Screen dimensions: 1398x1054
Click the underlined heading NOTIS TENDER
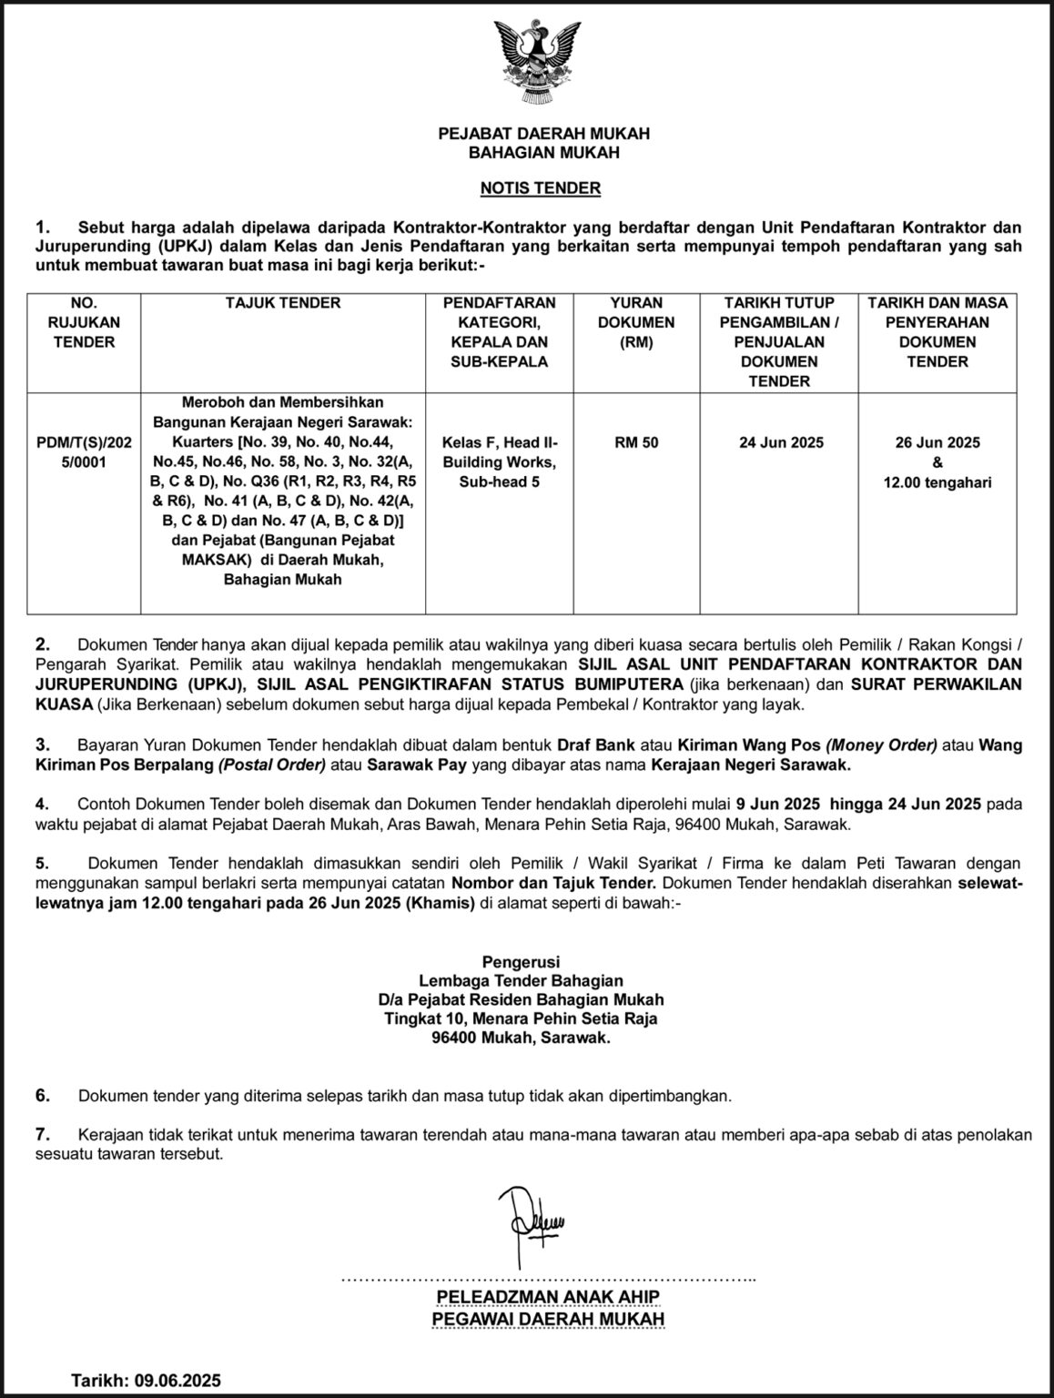point(541,189)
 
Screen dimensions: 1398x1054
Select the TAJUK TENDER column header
point(283,303)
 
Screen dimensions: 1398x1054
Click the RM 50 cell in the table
point(636,442)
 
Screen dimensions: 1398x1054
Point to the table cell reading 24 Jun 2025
point(780,442)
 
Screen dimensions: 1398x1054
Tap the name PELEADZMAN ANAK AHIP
point(548,1297)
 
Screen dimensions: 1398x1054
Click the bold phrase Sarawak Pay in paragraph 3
point(417,765)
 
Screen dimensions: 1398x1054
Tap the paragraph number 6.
point(42,1096)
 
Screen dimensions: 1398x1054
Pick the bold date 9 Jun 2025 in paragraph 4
point(772,804)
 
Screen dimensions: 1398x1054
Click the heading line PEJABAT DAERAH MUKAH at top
point(543,134)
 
